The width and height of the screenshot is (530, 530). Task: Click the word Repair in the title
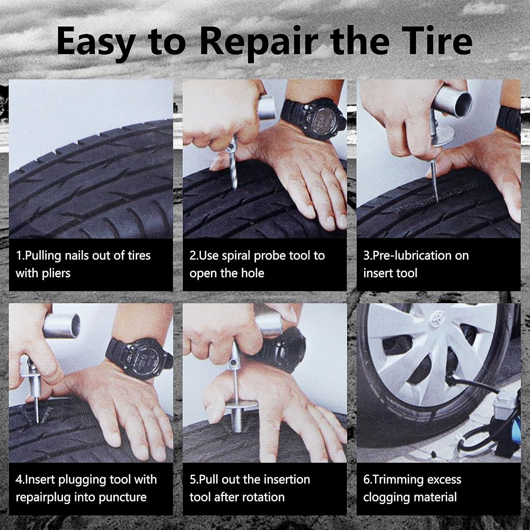pyautogui.click(x=259, y=42)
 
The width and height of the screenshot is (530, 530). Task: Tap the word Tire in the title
pyautogui.click(x=437, y=41)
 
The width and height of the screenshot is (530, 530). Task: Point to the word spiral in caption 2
pyautogui.click(x=238, y=256)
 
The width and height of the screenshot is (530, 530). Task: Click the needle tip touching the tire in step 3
pyautogui.click(x=437, y=200)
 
